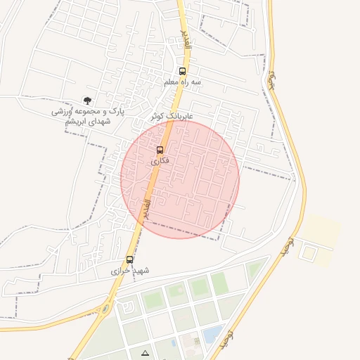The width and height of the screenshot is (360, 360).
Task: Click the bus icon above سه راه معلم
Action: pyautogui.click(x=182, y=72)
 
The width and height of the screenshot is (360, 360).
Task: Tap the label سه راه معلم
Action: pyautogui.click(x=182, y=82)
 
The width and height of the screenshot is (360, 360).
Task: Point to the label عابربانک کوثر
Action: pyautogui.click(x=172, y=115)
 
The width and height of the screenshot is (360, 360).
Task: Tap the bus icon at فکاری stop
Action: pyautogui.click(x=160, y=150)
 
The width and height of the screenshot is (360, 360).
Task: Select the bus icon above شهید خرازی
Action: pyautogui.click(x=129, y=259)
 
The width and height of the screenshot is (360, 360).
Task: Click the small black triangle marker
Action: pyautogui.click(x=145, y=352)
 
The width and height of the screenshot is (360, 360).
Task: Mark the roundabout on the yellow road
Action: pyautogui.click(x=105, y=308)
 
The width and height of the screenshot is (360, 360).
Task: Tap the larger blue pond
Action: pyautogui.click(x=212, y=333)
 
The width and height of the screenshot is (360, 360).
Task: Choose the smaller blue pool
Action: pyautogui.click(x=173, y=342)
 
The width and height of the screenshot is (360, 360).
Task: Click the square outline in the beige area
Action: pyautogui.click(x=308, y=250)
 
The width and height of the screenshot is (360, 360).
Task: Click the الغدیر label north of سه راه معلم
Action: pyautogui.click(x=186, y=41)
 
